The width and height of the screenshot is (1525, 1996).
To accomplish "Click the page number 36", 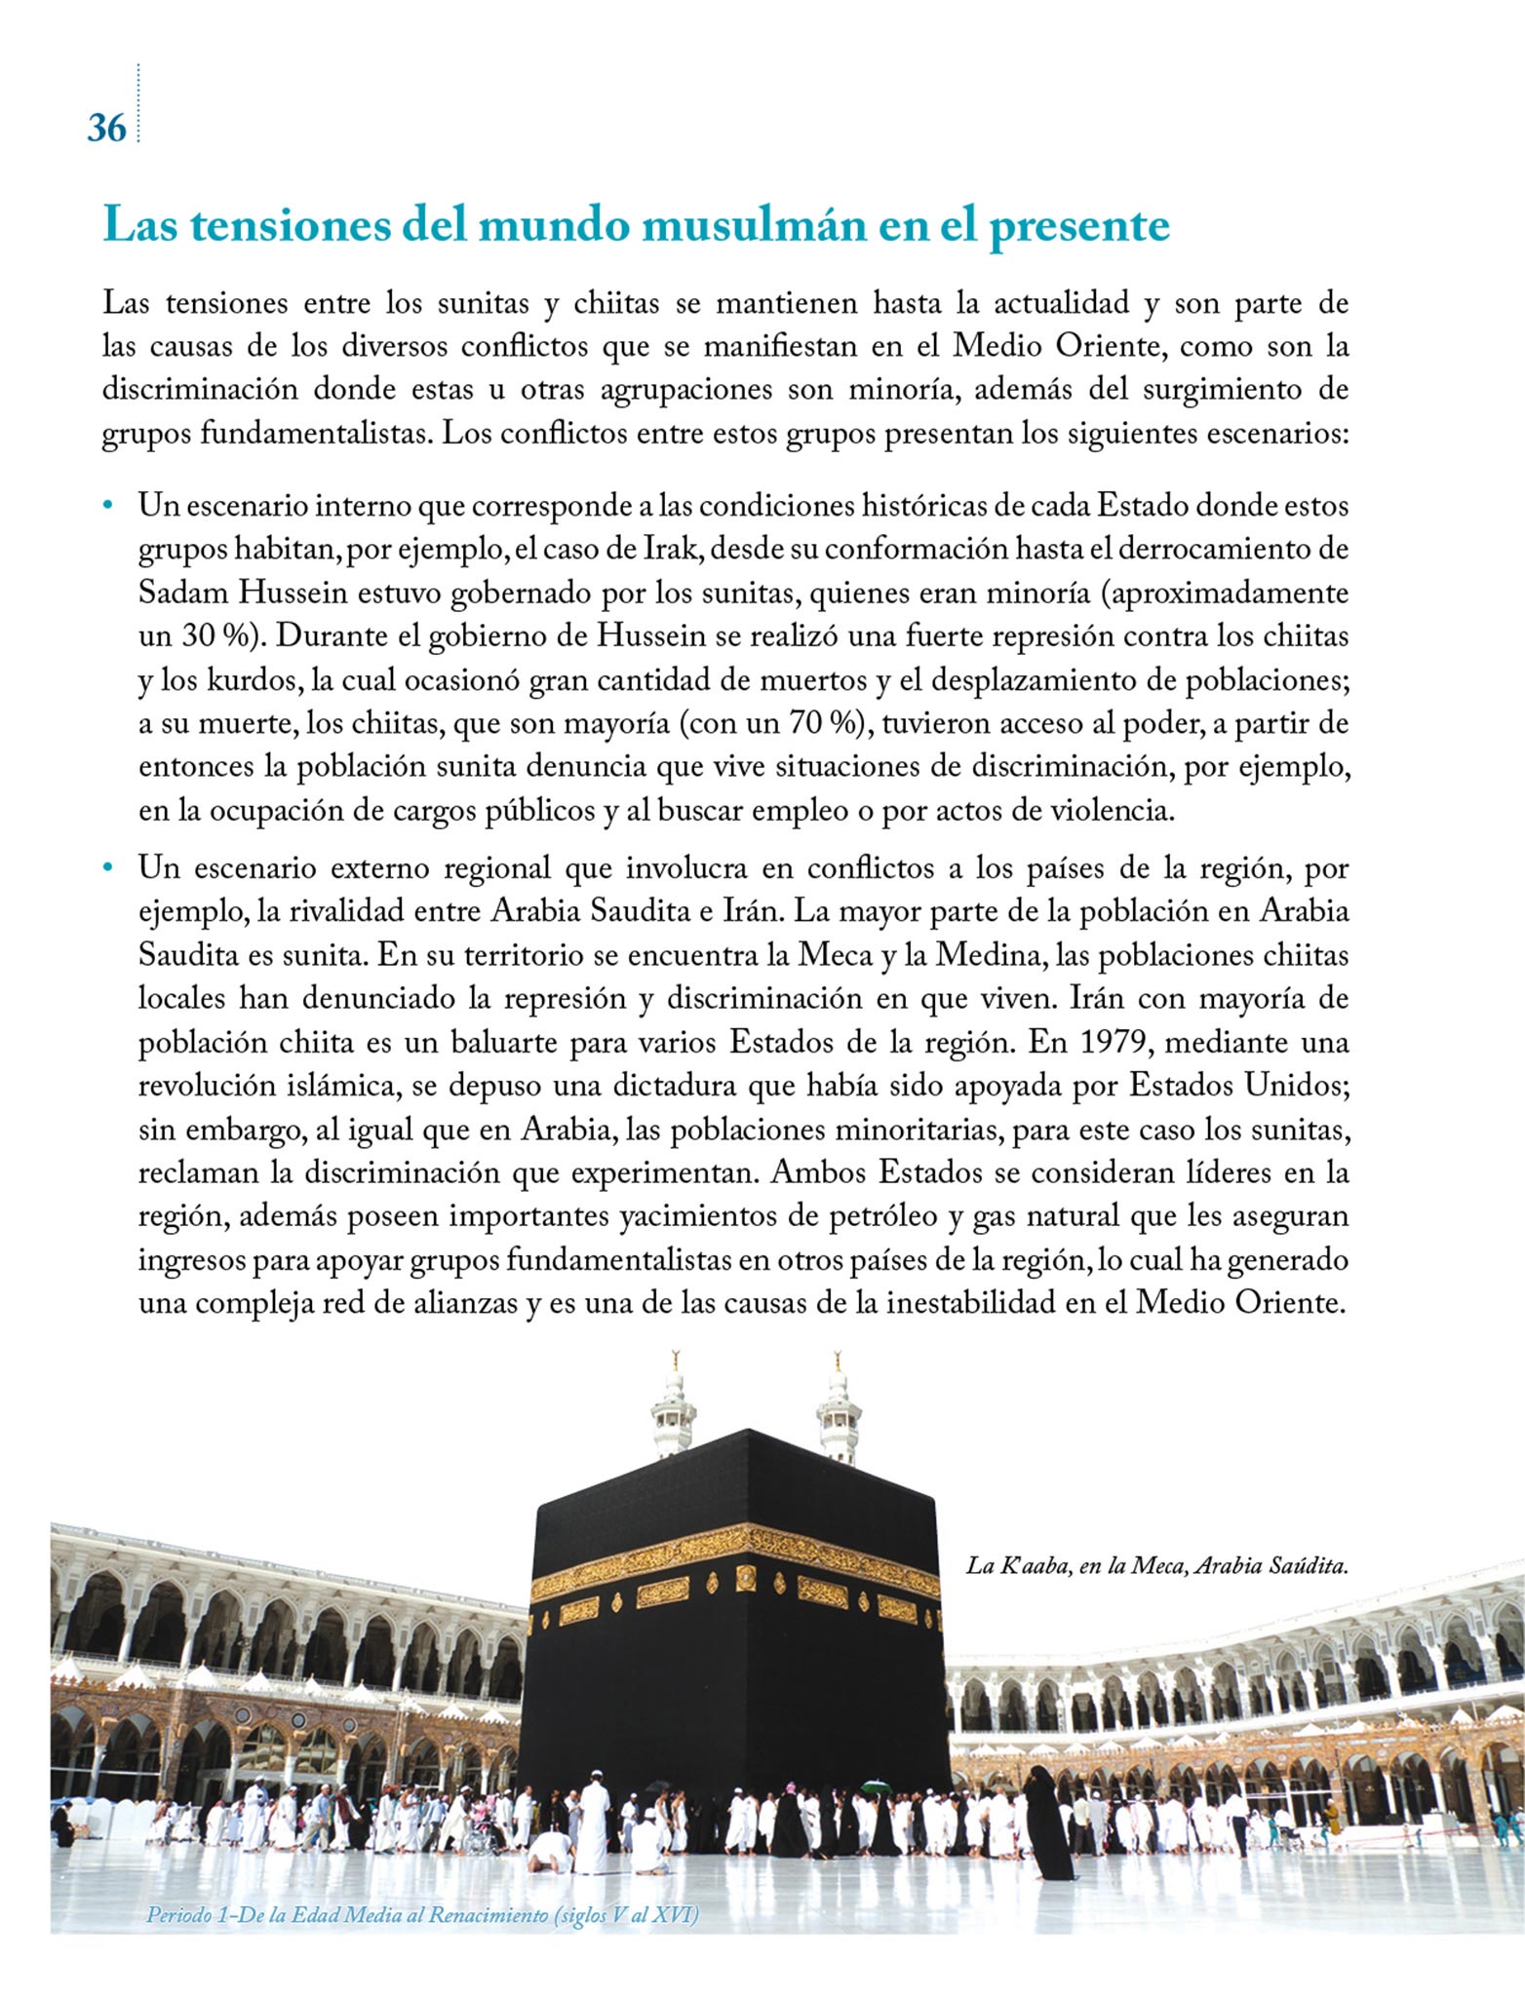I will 106,128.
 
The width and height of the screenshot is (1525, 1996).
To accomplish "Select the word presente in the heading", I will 1079,226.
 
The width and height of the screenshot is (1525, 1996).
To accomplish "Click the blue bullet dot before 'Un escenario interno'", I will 109,506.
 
